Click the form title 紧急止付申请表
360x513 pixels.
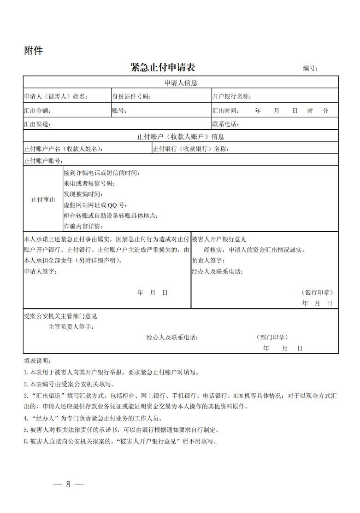click(163, 67)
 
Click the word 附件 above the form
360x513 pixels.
click(33, 51)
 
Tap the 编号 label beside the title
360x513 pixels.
click(310, 69)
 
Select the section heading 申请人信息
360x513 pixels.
click(181, 83)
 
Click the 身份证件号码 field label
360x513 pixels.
click(131, 97)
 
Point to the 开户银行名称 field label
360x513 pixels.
click(231, 97)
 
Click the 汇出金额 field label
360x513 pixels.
click(37, 111)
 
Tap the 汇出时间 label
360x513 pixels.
click(225, 111)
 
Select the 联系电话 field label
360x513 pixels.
click(225, 124)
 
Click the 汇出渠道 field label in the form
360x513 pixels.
click(37, 124)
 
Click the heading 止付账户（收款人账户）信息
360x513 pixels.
click(181, 137)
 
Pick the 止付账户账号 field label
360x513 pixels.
click(43, 161)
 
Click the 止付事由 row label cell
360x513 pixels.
click(43, 200)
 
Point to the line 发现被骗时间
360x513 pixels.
click(83, 194)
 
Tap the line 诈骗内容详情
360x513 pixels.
click(83, 227)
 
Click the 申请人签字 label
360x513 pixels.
click(41, 272)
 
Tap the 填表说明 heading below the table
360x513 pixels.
click(37, 361)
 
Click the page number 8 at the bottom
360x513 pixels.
click(68, 484)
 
